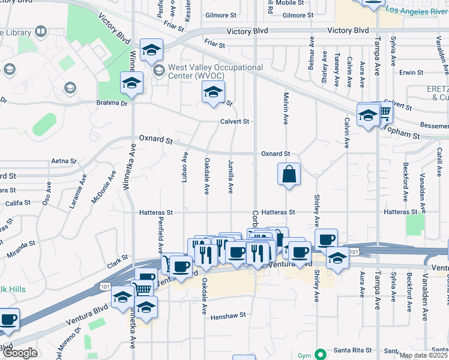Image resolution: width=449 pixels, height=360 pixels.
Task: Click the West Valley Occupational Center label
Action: click(215, 72)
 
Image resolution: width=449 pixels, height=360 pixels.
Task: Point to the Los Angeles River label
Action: click(417, 10)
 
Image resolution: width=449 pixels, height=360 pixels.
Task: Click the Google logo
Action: click(19, 352)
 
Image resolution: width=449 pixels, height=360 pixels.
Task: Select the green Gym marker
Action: click(321, 355)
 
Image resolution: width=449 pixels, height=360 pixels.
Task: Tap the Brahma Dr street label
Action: click(112, 103)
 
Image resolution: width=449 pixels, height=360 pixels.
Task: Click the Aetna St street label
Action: click(64, 161)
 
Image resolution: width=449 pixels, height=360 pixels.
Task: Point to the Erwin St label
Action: click(412, 73)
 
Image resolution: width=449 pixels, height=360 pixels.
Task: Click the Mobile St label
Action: click(290, 3)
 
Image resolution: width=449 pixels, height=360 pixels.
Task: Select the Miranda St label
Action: click(21, 246)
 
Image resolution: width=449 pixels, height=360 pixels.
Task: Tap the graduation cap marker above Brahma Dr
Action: click(131, 85)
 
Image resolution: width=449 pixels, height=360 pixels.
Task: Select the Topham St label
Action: click(403, 133)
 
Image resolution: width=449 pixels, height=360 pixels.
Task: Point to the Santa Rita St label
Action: click(354, 350)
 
